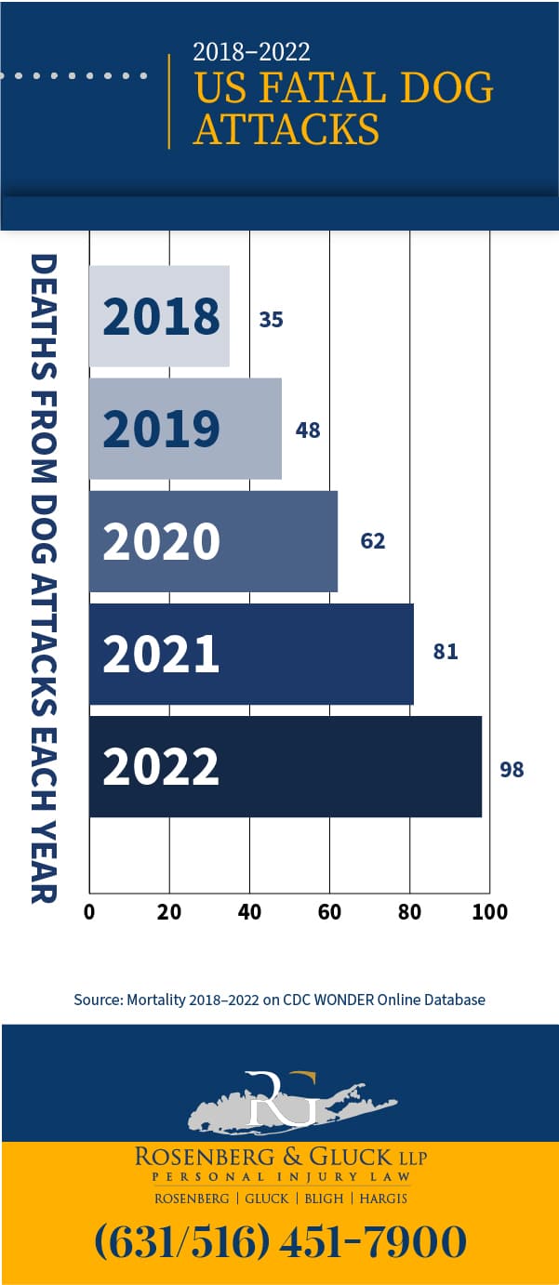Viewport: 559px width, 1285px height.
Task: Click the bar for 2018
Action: (159, 316)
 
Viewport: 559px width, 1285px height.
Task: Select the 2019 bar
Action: (185, 429)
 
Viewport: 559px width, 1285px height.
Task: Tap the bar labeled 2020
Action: (213, 541)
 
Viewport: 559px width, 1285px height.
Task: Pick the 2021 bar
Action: (251, 654)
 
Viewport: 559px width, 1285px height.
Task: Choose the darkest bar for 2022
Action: (285, 766)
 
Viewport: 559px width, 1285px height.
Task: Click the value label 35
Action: (271, 320)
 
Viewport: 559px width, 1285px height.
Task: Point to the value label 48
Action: (308, 431)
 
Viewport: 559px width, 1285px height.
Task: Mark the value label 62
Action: (373, 541)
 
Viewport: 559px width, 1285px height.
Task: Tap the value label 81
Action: (446, 652)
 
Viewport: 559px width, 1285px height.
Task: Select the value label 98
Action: (512, 770)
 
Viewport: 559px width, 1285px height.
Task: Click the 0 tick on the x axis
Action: (89, 912)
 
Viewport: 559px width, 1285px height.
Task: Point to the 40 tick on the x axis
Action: (249, 912)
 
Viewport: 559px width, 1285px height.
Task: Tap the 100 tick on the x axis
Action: (489, 912)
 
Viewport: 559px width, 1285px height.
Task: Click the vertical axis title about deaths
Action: (44, 577)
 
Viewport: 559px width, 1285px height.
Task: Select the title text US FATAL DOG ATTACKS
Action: (342, 108)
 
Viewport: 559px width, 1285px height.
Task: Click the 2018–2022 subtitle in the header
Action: (251, 51)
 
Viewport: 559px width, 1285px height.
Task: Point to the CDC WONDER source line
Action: (279, 1000)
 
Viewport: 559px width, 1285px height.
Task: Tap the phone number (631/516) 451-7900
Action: (280, 1242)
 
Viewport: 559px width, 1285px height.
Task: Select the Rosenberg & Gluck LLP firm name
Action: (280, 1157)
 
